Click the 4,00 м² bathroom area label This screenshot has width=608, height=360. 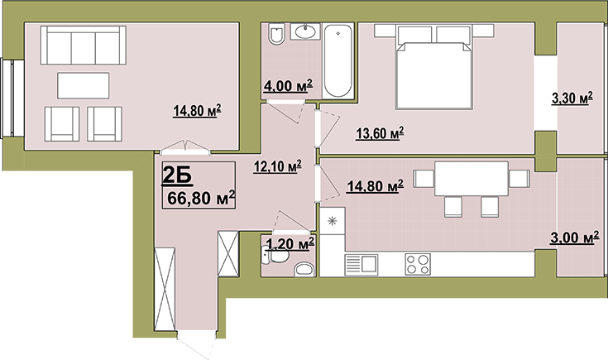288,86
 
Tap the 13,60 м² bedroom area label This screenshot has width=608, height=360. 380,133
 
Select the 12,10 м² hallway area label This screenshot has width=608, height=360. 278,167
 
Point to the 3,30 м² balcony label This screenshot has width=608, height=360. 572,98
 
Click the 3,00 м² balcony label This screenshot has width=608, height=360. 572,238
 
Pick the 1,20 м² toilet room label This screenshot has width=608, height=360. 290,244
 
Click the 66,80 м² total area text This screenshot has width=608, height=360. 201,198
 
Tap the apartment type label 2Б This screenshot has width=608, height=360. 177,174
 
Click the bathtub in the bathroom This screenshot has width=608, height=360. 338,60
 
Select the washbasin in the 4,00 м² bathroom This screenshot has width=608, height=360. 305,31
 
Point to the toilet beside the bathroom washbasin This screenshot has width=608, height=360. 276,34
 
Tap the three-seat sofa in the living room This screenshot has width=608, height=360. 84,45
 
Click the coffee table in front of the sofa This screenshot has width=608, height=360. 84,85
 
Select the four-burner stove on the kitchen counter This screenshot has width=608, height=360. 418,264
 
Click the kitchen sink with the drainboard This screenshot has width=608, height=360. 361,265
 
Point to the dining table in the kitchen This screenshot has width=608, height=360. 472,179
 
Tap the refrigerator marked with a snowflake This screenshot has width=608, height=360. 333,221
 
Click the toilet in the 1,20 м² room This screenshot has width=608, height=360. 275,256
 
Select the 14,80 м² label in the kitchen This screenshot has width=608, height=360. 375,186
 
